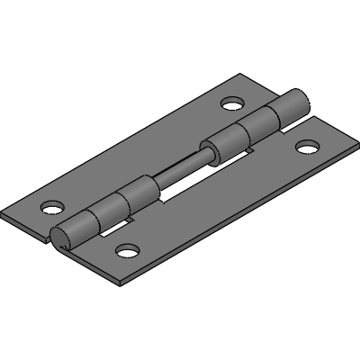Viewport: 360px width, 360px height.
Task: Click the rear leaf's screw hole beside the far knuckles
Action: [232, 103]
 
